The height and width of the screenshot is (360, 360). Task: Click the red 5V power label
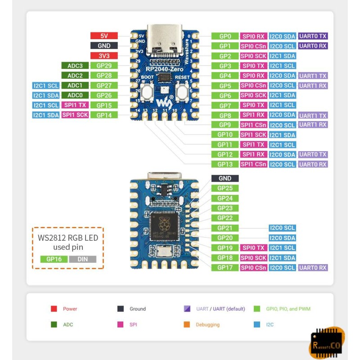coord(103,36)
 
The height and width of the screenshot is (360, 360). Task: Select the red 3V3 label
coord(103,56)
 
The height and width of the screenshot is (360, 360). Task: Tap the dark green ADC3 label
coord(75,66)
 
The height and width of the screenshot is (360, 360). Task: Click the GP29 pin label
coord(103,66)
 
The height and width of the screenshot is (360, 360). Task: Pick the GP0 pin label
coord(225,36)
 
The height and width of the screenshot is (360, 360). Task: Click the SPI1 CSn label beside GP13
coord(254,164)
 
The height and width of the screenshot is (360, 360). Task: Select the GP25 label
coord(225,188)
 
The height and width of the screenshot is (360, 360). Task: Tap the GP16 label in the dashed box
coord(54,259)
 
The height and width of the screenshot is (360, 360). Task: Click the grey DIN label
coord(82,259)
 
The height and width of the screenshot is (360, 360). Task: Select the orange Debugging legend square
coord(187,324)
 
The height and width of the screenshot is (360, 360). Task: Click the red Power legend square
coord(54,309)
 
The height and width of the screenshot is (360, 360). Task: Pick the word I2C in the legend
coord(270,324)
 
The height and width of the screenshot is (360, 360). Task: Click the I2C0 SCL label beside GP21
coord(282,228)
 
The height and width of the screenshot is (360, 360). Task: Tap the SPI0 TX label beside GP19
coord(254,248)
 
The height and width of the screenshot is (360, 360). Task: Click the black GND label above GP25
coord(225,178)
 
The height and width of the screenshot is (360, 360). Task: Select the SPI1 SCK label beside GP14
coord(75,115)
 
